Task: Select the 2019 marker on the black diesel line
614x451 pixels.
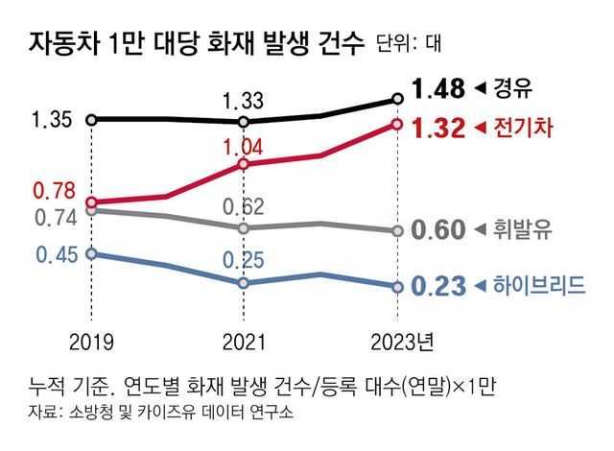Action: (x=90, y=120)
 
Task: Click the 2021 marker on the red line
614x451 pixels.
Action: (x=244, y=164)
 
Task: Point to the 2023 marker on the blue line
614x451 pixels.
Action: (x=397, y=286)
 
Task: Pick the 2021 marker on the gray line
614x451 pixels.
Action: (x=244, y=227)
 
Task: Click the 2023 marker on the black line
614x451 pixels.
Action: (x=397, y=99)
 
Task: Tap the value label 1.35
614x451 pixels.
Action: (x=51, y=121)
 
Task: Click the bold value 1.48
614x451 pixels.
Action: (x=437, y=90)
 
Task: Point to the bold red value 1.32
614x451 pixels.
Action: (x=437, y=128)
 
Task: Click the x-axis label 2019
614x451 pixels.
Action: (x=90, y=343)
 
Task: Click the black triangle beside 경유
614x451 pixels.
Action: (x=482, y=90)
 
